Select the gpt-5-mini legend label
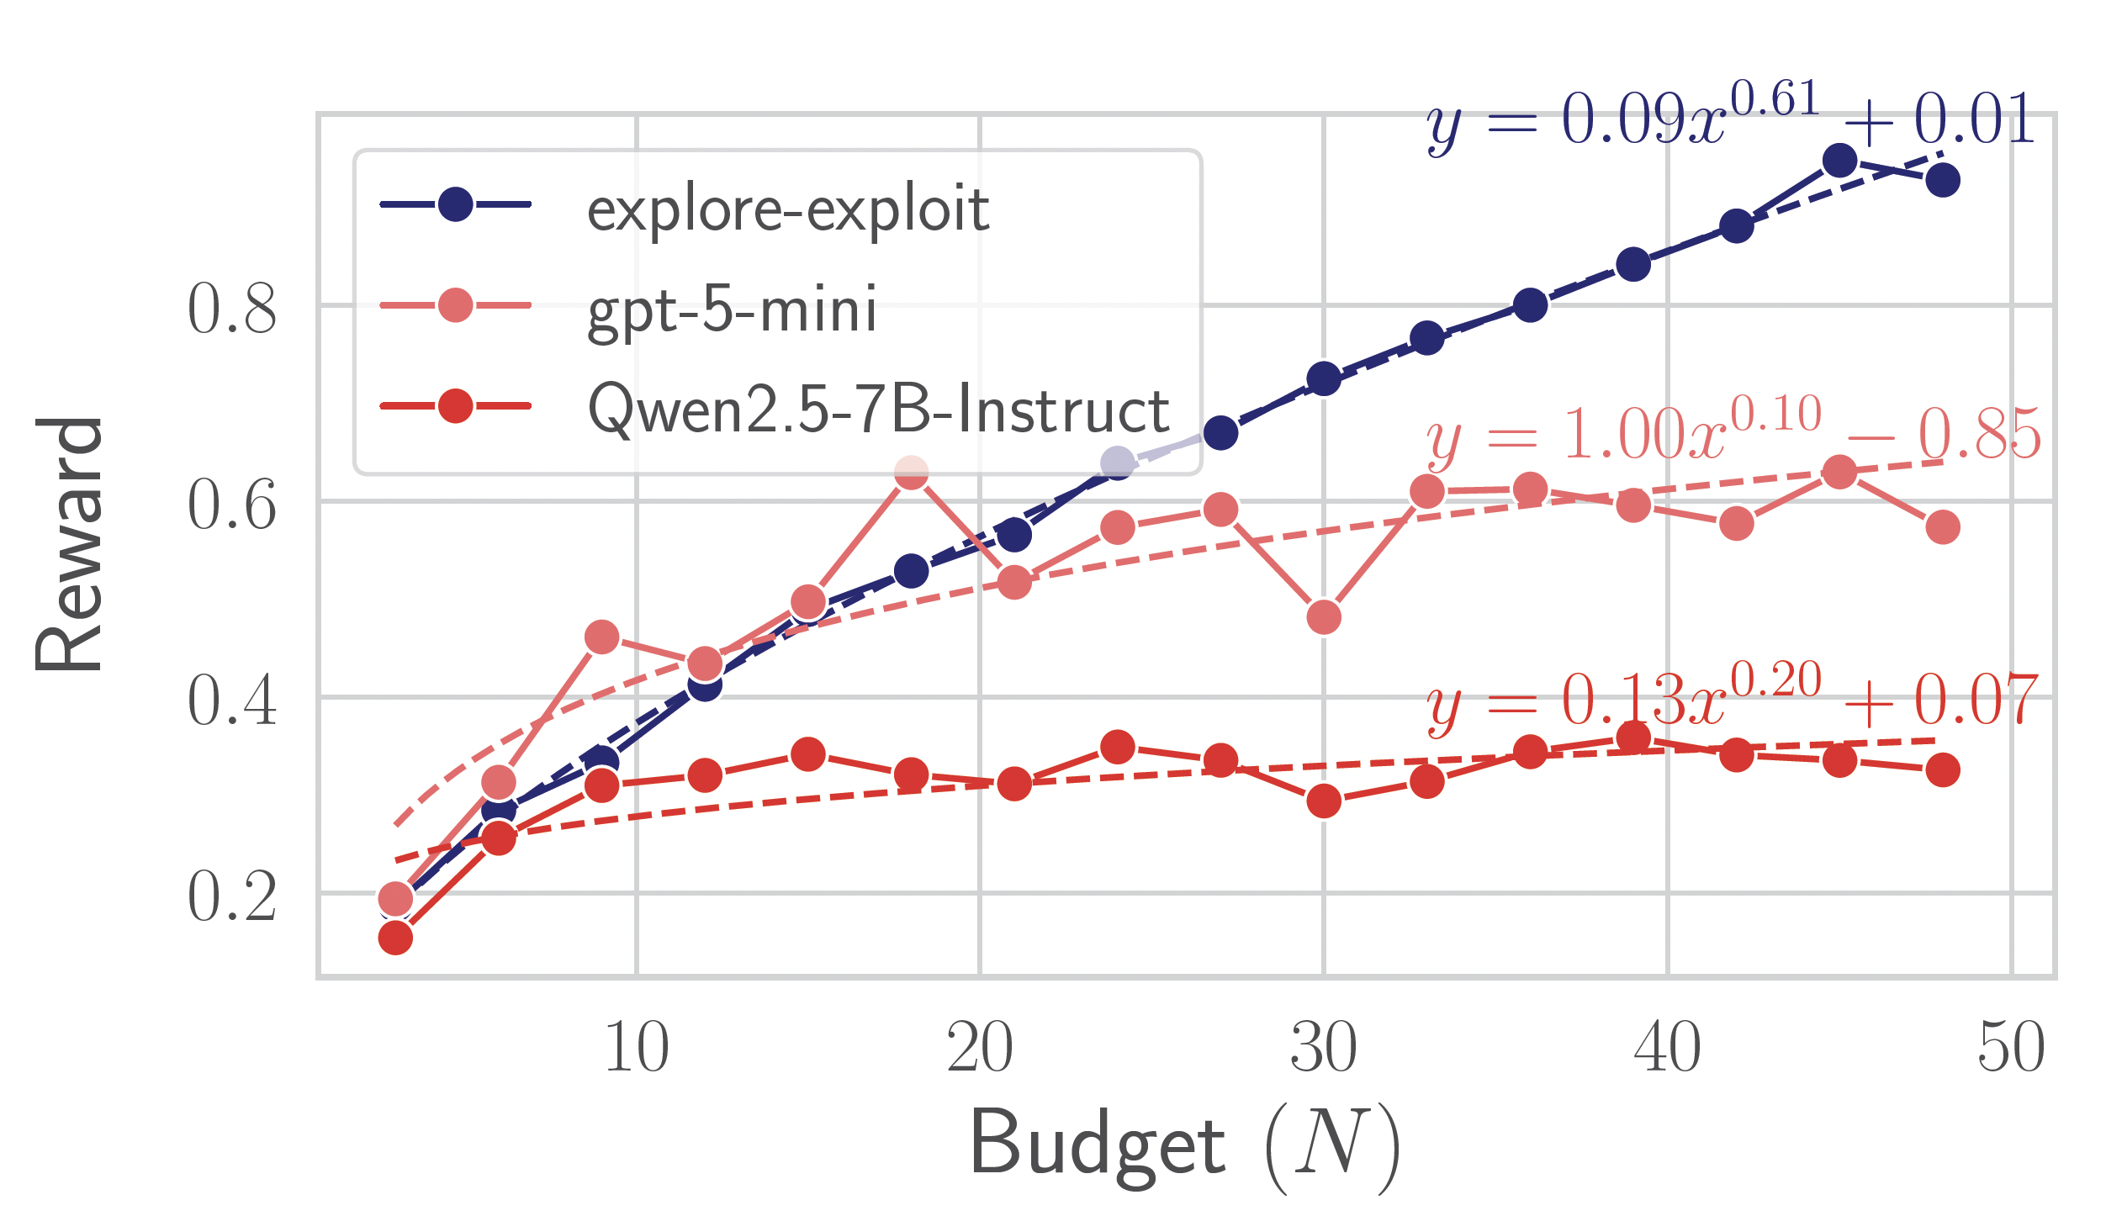pos(732,309)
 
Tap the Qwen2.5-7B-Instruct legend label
pos(878,410)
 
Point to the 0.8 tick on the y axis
pos(232,309)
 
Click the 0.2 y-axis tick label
pos(232,897)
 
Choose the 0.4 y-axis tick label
pos(232,701)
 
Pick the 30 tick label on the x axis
pos(1323,1048)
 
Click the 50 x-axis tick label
pos(2010,1048)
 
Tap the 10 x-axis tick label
pos(637,1048)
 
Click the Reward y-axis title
pos(69,544)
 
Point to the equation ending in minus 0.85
pos(1733,435)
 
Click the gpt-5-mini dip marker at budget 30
pos(1324,617)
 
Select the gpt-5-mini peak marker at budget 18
pos(911,473)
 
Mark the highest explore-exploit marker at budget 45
pos(1839,161)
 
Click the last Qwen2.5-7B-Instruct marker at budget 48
pos(1943,769)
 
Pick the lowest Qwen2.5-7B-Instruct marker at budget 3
pos(395,938)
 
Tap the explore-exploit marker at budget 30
pos(1324,379)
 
